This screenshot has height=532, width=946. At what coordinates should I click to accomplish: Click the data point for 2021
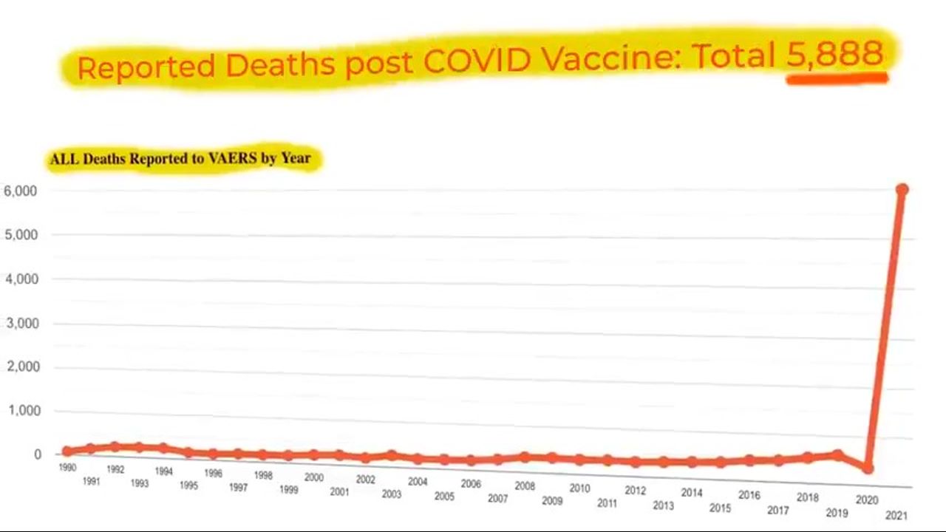[x=902, y=190]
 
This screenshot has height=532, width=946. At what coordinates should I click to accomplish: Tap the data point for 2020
[x=868, y=468]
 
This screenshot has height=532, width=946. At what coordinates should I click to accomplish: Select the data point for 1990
[x=67, y=451]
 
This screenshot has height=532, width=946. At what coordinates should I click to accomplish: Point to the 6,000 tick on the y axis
[x=21, y=191]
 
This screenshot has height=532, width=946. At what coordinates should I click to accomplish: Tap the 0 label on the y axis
[x=37, y=454]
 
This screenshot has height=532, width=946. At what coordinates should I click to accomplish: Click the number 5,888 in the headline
[x=835, y=54]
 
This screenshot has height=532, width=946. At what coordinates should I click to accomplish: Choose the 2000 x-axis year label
[x=313, y=478]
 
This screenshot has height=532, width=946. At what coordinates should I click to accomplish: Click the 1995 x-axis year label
[x=188, y=485]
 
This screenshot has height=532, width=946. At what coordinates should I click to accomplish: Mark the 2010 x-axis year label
[x=579, y=488]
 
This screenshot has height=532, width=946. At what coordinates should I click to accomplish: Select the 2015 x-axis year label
[x=720, y=508]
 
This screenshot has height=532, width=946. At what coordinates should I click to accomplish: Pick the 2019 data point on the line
[x=837, y=455]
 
